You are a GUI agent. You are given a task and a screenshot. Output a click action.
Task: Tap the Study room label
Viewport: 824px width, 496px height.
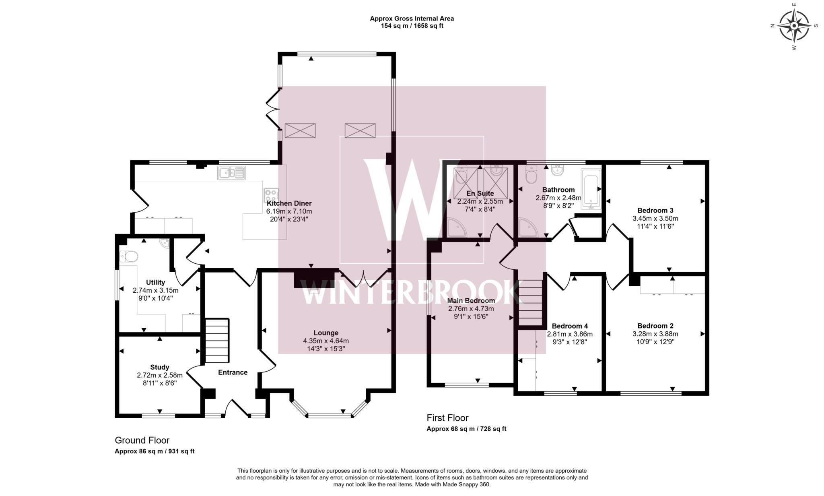[x=160, y=367]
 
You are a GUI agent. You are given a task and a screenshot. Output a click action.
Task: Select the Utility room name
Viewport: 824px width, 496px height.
[x=155, y=283]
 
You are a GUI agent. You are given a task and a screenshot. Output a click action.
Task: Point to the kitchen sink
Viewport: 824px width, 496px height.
[x=231, y=173]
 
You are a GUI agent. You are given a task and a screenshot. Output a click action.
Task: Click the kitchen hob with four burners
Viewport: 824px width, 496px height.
[x=271, y=196]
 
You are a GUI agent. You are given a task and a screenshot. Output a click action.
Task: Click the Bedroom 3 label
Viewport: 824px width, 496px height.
[x=655, y=211]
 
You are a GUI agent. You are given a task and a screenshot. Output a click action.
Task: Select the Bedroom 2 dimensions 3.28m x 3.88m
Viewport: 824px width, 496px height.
[x=655, y=334]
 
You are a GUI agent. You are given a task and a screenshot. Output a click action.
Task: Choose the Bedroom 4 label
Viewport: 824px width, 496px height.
[x=570, y=326]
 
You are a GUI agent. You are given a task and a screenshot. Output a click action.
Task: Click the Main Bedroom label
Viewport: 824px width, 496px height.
[x=471, y=301]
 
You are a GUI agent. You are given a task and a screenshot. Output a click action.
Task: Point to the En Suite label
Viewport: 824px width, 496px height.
[x=480, y=194]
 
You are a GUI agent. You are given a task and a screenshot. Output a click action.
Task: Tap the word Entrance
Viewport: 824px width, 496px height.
[x=233, y=372]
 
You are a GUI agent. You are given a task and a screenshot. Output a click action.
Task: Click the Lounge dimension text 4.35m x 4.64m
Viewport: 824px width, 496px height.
[x=326, y=341]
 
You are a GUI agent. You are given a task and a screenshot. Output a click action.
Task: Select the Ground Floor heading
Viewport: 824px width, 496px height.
[x=142, y=440]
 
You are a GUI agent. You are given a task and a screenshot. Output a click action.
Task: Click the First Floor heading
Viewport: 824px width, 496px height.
[x=447, y=418]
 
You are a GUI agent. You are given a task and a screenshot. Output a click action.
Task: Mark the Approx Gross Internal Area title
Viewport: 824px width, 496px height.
[x=412, y=19]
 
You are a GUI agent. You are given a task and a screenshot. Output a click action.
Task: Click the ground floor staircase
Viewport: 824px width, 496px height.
[x=217, y=341]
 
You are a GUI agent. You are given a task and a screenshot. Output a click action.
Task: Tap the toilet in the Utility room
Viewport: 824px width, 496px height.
[x=129, y=256]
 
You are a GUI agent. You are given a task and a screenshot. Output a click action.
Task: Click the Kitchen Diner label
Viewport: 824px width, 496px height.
[x=289, y=204]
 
